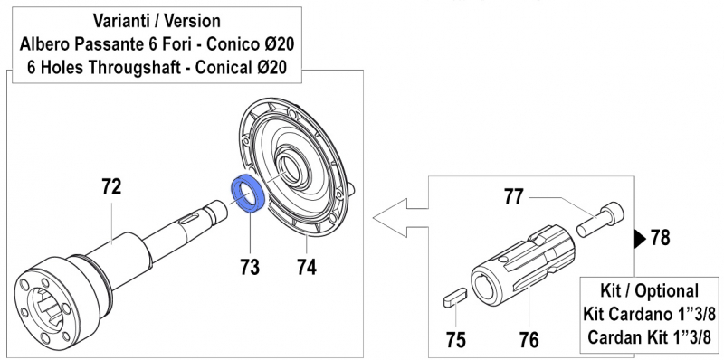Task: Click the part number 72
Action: [112, 188]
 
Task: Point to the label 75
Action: [458, 340]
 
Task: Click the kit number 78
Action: [661, 239]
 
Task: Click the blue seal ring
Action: [248, 192]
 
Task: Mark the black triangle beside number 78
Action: [639, 239]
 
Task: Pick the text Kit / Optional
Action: [650, 291]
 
